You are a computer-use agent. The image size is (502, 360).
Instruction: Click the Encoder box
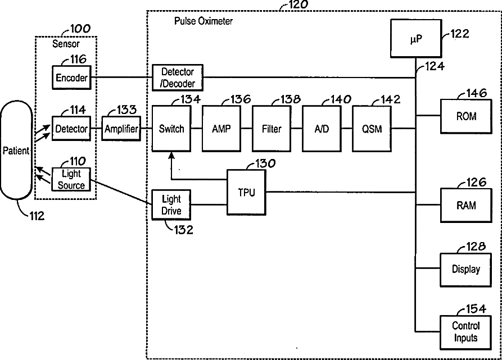coord(71,78)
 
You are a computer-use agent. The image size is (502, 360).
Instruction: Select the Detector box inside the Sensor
coord(71,129)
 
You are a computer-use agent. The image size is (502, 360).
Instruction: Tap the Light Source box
coord(71,180)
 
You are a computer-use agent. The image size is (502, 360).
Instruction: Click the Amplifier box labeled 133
coord(121,129)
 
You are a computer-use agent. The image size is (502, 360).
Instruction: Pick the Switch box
coord(171,129)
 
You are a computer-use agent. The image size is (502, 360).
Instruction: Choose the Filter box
coord(272,129)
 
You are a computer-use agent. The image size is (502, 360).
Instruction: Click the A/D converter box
coord(322,129)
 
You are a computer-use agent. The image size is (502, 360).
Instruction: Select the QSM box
coord(372,129)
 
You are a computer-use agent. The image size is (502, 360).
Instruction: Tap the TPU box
coord(247,192)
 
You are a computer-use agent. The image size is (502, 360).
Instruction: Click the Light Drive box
coord(171,205)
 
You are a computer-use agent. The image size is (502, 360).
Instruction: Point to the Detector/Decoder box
coord(178,78)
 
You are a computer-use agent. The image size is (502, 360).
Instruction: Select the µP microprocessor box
coord(416,38)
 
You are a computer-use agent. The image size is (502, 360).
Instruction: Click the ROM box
coord(466,116)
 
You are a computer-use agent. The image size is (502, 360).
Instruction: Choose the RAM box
coord(466,205)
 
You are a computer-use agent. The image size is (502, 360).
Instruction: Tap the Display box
coord(466,270)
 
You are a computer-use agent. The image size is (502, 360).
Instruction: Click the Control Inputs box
coord(466,332)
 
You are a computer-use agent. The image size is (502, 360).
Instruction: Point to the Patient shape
coord(16,150)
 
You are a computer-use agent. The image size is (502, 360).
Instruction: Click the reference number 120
coord(298,4)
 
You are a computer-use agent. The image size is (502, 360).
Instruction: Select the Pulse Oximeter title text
coord(203,21)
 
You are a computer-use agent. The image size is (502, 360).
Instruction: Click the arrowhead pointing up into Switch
coord(171,156)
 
